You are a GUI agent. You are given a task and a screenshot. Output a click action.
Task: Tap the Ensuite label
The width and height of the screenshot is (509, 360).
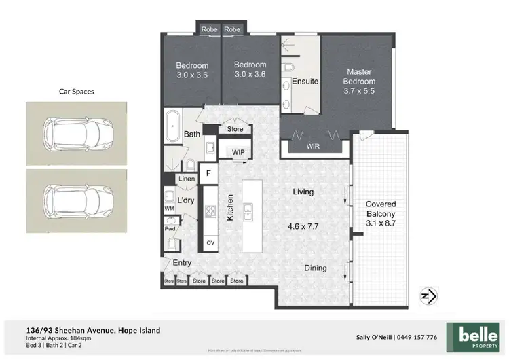305,82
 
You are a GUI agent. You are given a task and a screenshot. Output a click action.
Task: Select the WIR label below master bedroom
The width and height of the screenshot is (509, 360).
313,146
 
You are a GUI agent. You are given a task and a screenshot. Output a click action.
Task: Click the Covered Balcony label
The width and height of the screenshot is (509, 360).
381,209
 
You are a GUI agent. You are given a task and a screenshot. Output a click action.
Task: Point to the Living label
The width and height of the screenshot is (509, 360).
303,192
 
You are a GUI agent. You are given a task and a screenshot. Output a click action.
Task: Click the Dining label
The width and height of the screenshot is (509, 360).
315,268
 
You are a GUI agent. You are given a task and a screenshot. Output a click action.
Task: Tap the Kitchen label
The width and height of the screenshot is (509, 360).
230,206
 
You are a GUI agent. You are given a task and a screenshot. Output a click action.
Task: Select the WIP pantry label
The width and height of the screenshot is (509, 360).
238,152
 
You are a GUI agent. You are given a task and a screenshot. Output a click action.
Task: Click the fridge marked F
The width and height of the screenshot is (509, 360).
208,173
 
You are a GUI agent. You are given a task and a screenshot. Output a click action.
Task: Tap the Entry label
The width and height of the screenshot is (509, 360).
182,263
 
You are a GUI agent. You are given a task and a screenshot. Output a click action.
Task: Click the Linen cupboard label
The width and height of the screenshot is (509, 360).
187,179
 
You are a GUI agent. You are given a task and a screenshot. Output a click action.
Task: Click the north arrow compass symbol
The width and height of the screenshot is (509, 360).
428,295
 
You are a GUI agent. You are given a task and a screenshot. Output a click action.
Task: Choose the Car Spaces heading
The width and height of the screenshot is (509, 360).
76,90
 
